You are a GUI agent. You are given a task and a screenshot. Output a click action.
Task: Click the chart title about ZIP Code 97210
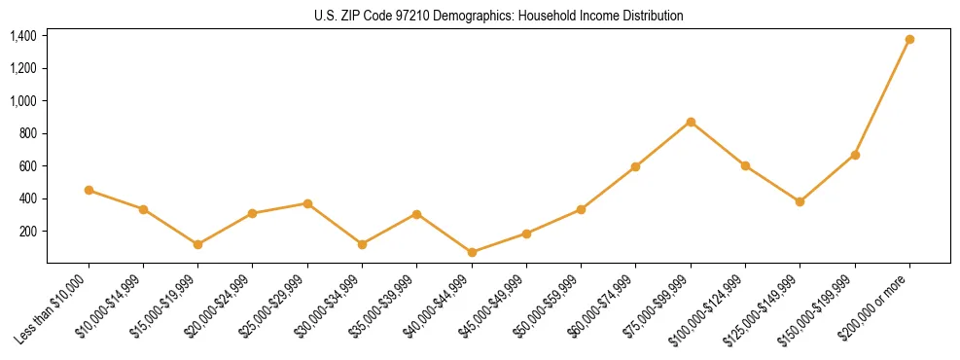499,16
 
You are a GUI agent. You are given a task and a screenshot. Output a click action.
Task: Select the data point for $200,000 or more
909,39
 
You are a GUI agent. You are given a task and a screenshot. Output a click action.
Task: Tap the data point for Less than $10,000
89,190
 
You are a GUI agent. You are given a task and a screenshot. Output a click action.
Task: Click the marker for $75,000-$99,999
691,122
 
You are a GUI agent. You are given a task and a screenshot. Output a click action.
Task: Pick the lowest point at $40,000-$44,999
472,252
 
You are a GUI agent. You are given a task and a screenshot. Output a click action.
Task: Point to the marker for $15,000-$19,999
198,244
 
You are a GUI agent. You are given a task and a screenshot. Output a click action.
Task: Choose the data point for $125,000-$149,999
800,201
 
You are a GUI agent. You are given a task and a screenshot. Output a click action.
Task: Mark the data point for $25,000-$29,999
307,203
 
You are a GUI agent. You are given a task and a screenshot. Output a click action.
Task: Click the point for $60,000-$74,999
635,166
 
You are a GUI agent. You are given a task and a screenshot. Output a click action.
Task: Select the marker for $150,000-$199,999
855,155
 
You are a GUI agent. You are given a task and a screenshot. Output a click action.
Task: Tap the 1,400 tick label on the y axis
23,36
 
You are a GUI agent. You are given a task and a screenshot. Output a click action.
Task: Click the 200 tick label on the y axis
27,232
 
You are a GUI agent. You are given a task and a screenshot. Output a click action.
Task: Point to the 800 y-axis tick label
27,133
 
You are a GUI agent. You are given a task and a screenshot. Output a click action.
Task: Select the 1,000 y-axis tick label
23,101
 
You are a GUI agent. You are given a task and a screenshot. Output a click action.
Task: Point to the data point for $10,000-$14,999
143,209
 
